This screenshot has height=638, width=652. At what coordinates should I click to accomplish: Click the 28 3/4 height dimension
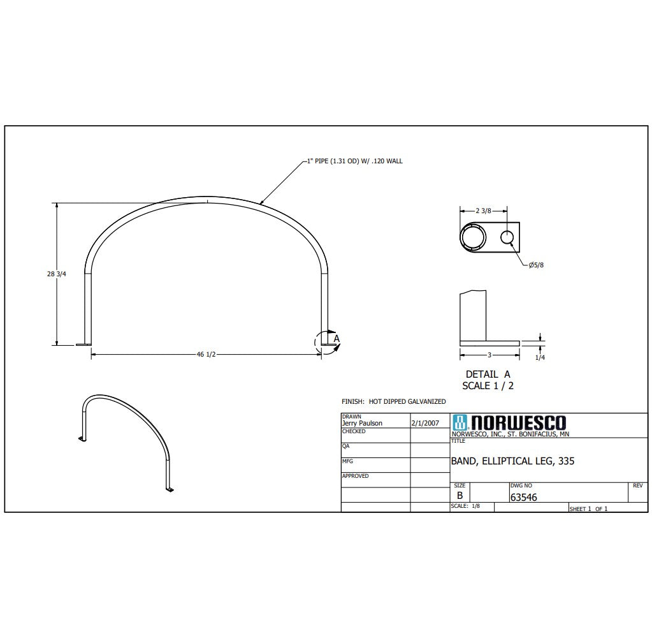[56, 274]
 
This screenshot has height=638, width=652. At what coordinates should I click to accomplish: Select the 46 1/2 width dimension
[206, 355]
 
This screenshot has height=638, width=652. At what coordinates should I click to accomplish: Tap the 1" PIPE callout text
[355, 161]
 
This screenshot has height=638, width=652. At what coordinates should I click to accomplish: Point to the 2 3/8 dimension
[483, 211]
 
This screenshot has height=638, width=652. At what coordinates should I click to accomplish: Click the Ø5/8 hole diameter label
[536, 265]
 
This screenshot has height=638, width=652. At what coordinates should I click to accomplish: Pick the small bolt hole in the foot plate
[507, 237]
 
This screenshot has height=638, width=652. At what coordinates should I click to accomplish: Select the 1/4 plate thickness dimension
[540, 357]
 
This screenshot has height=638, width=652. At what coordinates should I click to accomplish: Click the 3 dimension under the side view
[489, 355]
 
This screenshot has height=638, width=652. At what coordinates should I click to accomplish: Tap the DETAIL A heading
[488, 374]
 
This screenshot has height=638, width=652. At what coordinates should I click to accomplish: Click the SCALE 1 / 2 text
[488, 386]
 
